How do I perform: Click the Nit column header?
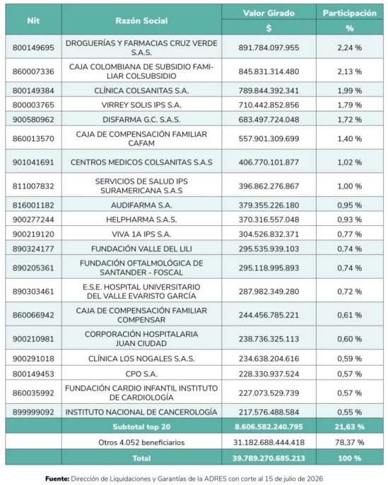coord(33,20)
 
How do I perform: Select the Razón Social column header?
coord(141,20)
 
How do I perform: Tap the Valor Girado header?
coord(269,13)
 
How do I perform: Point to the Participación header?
coord(350,13)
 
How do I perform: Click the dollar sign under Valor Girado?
coord(269,28)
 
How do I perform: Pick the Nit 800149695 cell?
coord(33,47)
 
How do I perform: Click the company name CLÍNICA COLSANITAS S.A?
coord(141,90)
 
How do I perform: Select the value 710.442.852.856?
coord(269,105)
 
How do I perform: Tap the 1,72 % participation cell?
coord(350,120)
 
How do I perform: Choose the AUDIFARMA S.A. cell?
coord(141,205)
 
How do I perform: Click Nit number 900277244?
coord(33,220)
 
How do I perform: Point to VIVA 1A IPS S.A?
coord(141,234)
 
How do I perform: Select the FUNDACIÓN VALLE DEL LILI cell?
coord(141,249)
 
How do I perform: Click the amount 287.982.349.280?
coord(269,292)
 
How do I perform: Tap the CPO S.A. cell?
coord(141,374)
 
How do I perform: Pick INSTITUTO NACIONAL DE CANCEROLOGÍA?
coord(141,412)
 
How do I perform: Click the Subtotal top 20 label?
coord(141,427)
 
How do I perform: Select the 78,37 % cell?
coord(350,443)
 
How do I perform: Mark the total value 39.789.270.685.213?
coord(269,458)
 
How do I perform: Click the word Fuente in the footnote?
coord(57,479)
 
